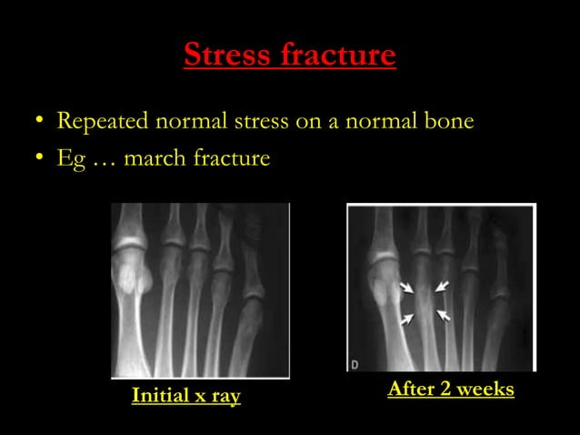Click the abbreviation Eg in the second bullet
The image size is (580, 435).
click(69, 159)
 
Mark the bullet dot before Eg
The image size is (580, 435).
click(38, 160)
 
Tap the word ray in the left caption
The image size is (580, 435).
click(225, 397)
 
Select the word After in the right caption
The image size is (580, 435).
click(411, 389)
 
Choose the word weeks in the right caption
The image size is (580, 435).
click(486, 389)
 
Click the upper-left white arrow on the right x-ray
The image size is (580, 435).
click(406, 288)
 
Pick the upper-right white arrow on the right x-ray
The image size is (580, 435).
click(442, 287)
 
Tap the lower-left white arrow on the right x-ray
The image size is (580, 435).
click(407, 318)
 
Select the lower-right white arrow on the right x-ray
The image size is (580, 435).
click(444, 316)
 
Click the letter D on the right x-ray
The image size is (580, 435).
click(355, 364)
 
